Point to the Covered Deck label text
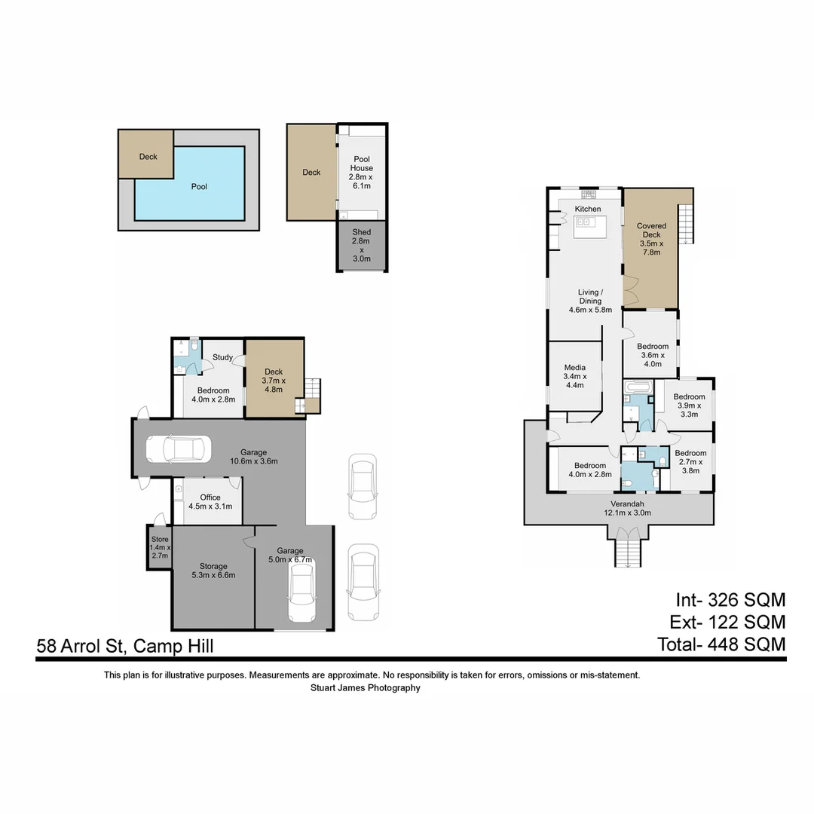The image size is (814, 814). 650,238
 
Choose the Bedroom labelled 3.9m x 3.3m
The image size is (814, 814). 689,405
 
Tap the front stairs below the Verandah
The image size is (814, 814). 628,552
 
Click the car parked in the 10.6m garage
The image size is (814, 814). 177,449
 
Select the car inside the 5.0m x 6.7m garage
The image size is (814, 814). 301,593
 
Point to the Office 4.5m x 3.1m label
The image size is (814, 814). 210,502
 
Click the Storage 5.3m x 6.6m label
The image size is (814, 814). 213,571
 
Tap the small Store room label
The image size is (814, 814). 160,546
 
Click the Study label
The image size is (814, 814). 222,357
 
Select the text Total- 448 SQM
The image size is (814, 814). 721,644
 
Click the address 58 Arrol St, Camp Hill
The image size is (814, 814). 125,646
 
